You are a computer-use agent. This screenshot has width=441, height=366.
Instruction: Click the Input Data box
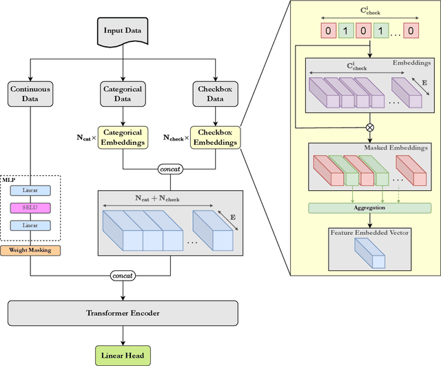[x=123, y=31]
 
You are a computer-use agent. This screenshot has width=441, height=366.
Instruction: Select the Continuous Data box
[x=30, y=94]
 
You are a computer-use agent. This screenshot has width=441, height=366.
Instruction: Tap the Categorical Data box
[x=123, y=94]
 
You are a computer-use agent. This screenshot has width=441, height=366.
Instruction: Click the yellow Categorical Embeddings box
[x=123, y=137]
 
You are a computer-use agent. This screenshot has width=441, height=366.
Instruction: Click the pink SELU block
[x=30, y=207]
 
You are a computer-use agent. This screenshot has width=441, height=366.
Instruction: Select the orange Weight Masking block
[x=30, y=250]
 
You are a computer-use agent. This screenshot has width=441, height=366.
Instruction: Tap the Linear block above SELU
[x=30, y=190]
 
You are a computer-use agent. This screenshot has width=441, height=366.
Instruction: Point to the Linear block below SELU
[x=30, y=225]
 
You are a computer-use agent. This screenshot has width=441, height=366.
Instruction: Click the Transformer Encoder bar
[x=123, y=313]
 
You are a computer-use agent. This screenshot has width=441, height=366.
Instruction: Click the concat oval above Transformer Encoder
[x=123, y=275]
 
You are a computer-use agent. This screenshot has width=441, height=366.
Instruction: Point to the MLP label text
[x=9, y=177]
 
